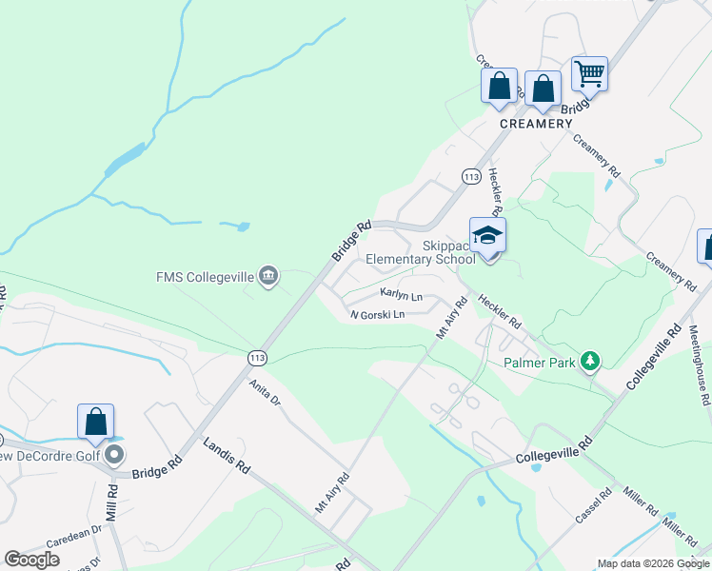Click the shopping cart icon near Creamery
589,73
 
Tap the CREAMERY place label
538,124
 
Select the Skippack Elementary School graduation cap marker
487,234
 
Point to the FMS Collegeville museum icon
268,276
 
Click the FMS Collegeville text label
205,277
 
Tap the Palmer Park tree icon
591,360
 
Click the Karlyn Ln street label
401,294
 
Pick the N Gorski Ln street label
377,314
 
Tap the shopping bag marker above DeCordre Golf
96,422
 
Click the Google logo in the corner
31,560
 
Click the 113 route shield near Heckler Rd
470,176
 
